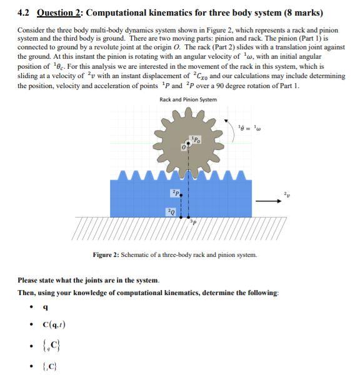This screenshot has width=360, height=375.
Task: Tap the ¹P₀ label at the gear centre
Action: pos(195,139)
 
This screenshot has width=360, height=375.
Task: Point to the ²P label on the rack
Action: pos(175,192)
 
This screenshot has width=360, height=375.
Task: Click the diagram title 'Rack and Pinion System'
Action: pos(187,99)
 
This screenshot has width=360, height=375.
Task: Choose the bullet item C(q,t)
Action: pos(54,324)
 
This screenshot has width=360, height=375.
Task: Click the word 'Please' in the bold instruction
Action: pos(30,281)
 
